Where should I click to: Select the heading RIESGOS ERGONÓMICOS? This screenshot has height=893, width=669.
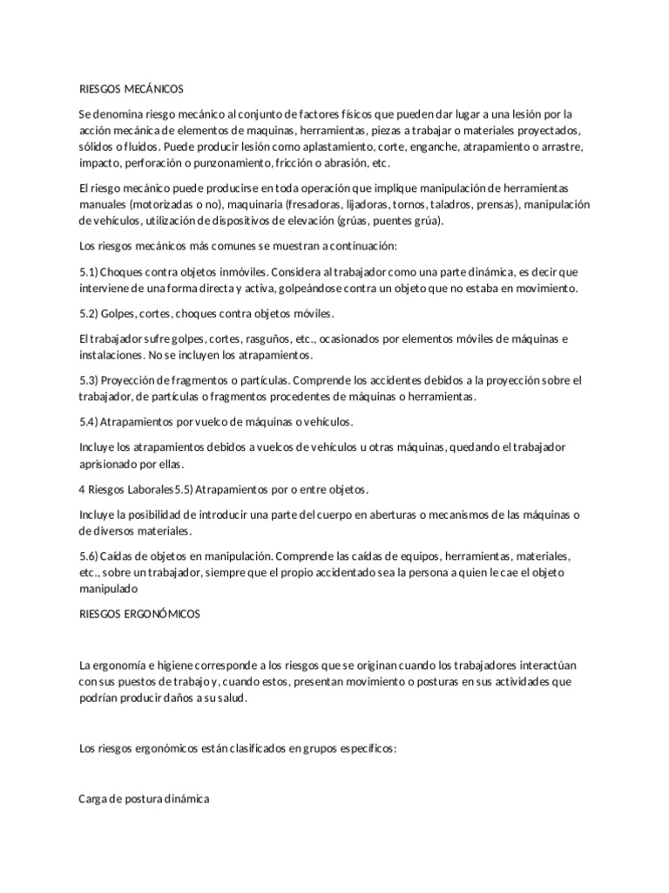point(139,614)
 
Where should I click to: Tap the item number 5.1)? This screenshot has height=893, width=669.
point(89,273)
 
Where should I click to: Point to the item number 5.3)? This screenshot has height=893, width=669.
point(89,380)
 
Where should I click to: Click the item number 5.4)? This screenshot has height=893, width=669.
point(89,421)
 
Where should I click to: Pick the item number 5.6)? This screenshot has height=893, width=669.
point(89,556)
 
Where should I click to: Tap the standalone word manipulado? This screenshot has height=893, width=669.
point(108,589)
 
